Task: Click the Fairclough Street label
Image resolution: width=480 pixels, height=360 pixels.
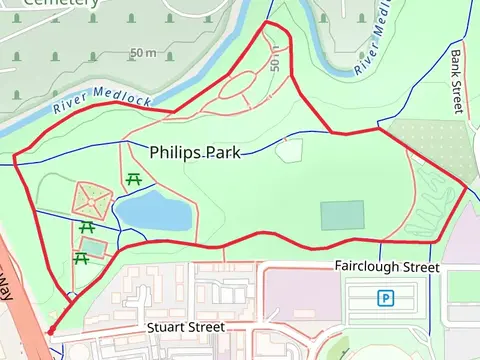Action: [x=386, y=268]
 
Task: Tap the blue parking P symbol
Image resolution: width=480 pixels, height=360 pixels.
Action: [x=385, y=297]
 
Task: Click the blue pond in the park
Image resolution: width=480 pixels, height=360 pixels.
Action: [x=152, y=212]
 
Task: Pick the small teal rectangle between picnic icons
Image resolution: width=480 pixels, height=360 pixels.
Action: [x=92, y=246]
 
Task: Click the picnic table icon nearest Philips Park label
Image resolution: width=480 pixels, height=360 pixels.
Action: [x=133, y=180]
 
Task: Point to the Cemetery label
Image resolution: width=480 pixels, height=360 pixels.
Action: [x=60, y=3]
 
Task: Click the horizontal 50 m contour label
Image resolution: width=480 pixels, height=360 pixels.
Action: [x=143, y=52]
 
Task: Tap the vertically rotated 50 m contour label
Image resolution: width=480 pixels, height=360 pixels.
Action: [x=275, y=60]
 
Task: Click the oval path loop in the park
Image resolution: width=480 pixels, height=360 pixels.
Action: [x=239, y=88]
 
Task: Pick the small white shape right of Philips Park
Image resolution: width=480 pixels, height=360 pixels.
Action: [x=289, y=151]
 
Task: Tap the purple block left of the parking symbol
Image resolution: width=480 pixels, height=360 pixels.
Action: [x=300, y=294]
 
